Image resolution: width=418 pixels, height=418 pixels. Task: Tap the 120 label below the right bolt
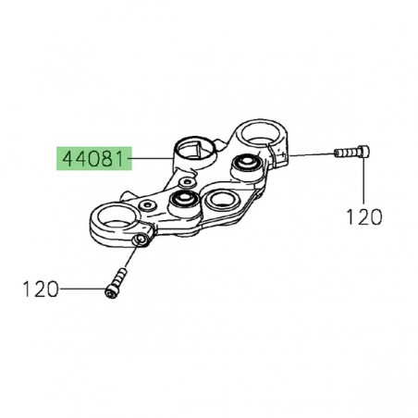click(363, 216)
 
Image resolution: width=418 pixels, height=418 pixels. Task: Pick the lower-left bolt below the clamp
click(116, 281)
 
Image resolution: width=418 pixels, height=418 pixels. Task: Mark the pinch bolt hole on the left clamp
click(139, 241)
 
